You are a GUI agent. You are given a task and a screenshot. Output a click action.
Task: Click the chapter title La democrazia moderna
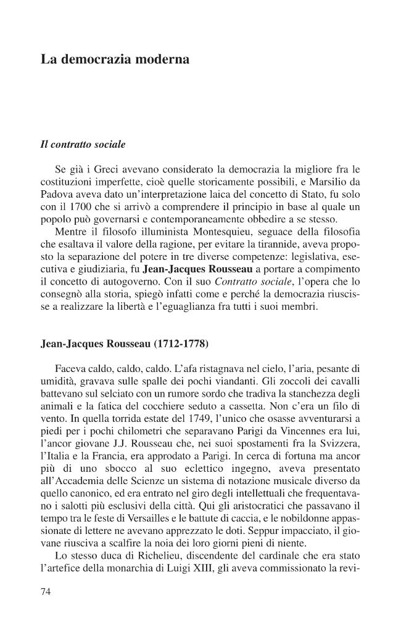pos(115,60)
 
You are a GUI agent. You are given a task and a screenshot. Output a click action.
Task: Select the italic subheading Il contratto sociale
pos(83,145)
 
